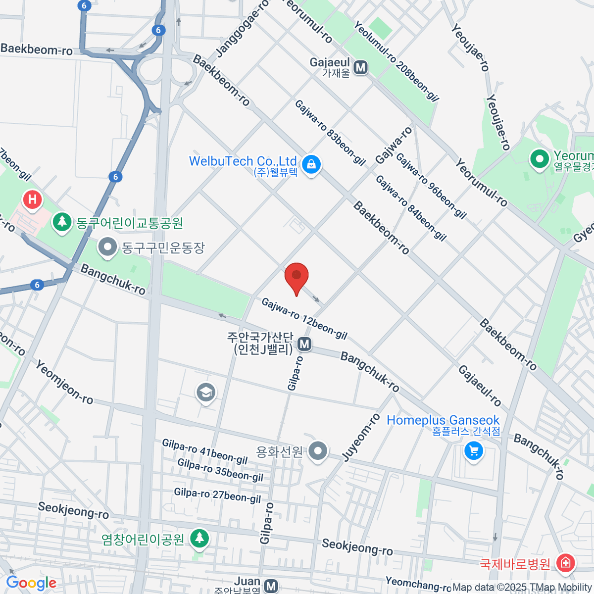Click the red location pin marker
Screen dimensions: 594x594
tap(297, 276)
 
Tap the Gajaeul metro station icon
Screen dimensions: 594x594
tap(361, 68)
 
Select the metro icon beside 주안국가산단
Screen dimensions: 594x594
tap(304, 344)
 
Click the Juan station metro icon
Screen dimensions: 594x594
tap(271, 586)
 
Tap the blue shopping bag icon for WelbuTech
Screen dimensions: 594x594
tap(311, 164)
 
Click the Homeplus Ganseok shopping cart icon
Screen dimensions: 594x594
tap(474, 451)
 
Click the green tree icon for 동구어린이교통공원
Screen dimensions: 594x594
tap(62, 222)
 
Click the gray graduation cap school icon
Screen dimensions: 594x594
tap(205, 394)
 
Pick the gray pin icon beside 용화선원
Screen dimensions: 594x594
tap(318, 451)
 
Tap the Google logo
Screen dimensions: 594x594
tap(31, 583)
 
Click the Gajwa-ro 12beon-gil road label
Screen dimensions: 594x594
tap(304, 319)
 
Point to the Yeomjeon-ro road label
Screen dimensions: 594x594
tap(64, 382)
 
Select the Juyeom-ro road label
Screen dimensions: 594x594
tap(361, 438)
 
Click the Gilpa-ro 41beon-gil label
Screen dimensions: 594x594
tap(204, 452)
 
